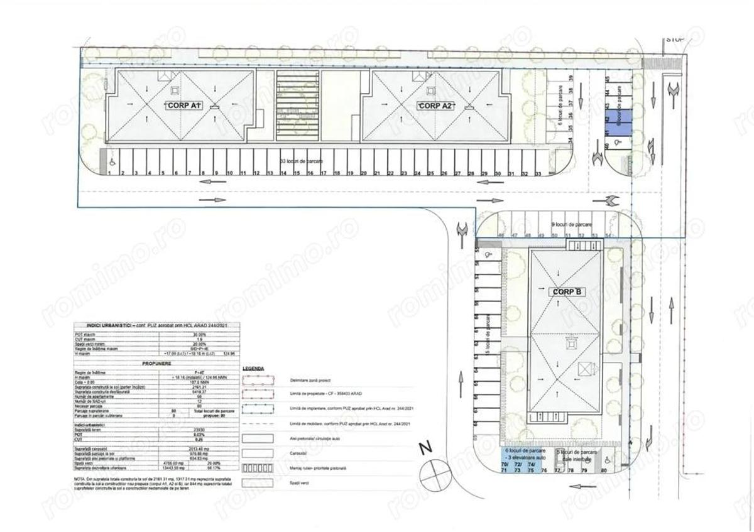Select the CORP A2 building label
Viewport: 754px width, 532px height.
(435, 106)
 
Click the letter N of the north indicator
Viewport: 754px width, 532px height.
(426, 448)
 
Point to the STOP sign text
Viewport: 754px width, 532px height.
(675, 40)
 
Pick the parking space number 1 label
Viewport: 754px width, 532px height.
(110, 173)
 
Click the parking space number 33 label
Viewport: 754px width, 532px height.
(538, 173)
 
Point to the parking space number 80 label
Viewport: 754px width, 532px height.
(604, 470)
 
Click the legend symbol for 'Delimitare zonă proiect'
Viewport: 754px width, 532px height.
(258, 380)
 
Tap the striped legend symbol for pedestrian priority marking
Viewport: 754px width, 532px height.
(258, 468)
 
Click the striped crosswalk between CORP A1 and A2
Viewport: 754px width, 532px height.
(298, 106)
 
